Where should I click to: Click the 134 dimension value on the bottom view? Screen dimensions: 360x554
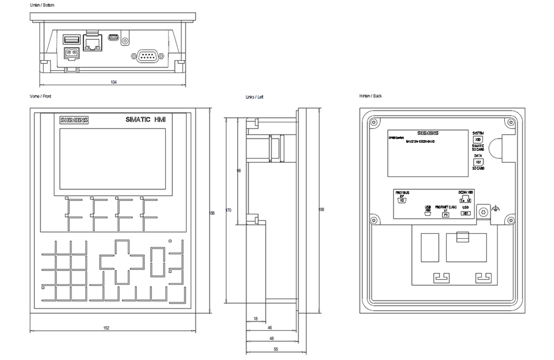coord(114,82)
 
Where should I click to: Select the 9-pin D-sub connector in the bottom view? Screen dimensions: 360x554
coord(146,55)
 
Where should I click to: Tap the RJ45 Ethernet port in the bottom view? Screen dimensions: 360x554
coord(93,43)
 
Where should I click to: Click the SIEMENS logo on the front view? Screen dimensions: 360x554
coord(74,120)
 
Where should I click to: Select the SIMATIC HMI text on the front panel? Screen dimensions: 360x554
coord(146,120)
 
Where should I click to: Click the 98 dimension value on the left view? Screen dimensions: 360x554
coord(238,171)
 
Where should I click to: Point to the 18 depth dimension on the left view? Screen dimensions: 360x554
coord(255,319)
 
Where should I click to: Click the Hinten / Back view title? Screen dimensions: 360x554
coord(371,96)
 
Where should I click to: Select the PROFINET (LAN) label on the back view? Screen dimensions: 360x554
coord(445,206)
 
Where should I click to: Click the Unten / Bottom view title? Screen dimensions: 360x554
coord(43,5)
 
